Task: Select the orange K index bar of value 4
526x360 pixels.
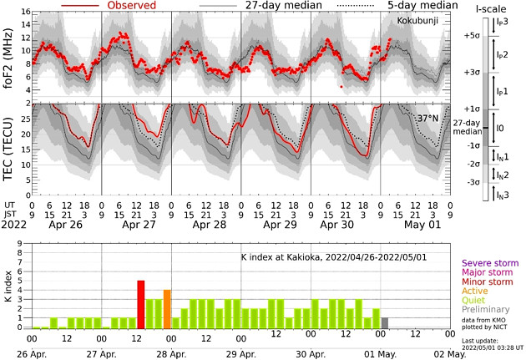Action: pyautogui.click(x=167, y=309)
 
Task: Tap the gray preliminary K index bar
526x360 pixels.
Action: pyautogui.click(x=384, y=323)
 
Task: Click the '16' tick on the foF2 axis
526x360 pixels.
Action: pyautogui.click(x=25, y=13)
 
